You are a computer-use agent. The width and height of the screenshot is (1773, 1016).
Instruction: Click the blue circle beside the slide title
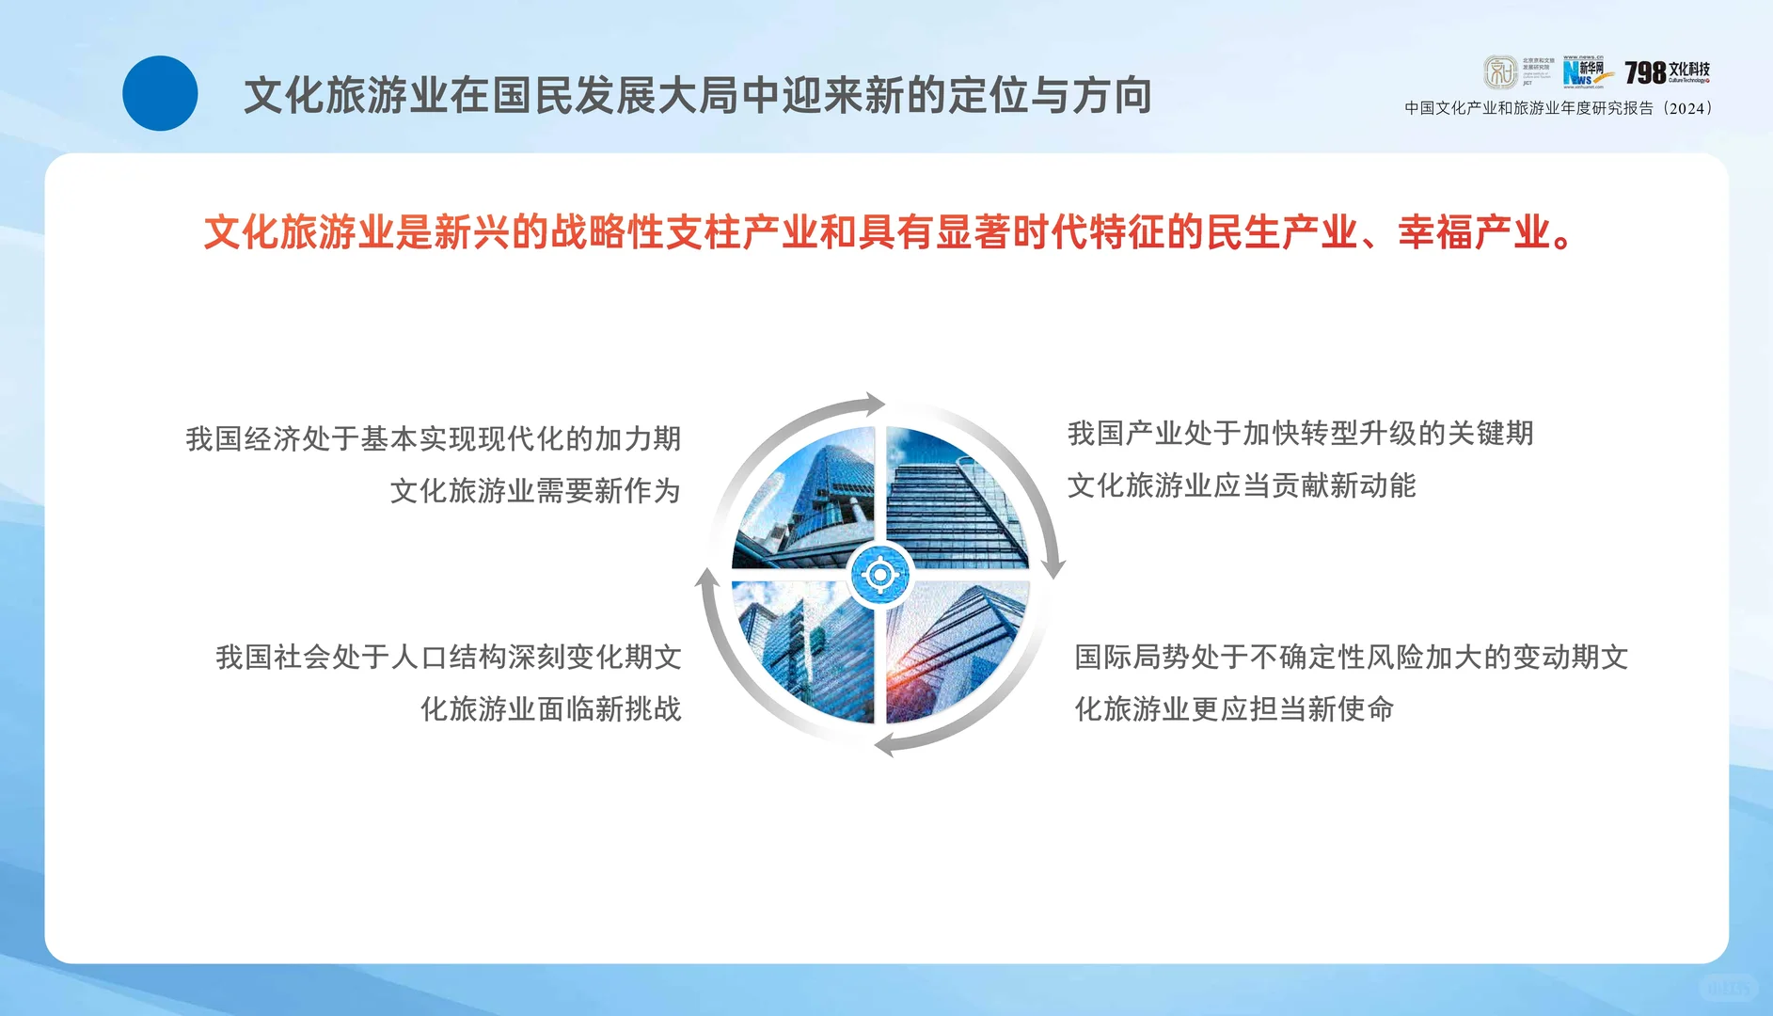tap(160, 93)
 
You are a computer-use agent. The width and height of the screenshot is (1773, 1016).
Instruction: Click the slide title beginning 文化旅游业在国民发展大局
tap(698, 96)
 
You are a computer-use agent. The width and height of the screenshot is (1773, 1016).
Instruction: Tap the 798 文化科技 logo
tap(1667, 71)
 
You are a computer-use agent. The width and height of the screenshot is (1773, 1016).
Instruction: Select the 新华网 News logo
tap(1588, 72)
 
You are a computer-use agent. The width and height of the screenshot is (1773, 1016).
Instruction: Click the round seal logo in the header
tap(1500, 72)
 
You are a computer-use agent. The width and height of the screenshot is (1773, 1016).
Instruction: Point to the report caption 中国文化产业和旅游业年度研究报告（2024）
tap(1559, 108)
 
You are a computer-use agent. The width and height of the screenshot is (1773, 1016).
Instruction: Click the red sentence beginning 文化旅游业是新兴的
tap(888, 232)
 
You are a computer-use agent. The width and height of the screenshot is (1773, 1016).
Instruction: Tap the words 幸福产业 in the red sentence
tap(1474, 232)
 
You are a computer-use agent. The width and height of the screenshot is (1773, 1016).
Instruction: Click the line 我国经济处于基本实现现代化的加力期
tap(433, 438)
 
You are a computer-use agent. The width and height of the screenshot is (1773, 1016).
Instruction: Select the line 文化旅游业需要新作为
tap(535, 490)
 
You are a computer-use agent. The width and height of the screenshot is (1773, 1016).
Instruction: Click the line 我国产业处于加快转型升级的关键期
tap(1300, 434)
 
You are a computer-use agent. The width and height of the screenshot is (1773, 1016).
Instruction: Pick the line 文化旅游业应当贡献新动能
tap(1241, 485)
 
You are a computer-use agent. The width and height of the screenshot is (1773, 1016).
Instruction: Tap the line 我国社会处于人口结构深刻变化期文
tap(449, 657)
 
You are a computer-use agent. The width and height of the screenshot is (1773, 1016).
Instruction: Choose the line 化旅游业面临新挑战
tap(550, 708)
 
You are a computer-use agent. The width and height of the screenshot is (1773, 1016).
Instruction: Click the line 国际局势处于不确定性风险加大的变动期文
tap(1351, 657)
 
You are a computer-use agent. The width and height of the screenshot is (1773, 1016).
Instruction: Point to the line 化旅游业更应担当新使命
tap(1234, 708)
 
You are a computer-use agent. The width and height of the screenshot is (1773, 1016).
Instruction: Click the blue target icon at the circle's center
tap(880, 573)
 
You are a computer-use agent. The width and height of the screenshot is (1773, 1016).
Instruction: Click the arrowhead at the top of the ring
tap(875, 405)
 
